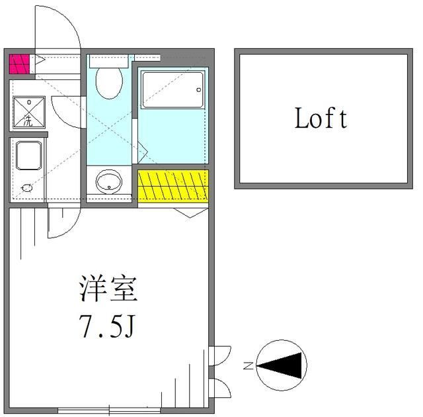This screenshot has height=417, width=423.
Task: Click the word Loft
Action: click(321, 119)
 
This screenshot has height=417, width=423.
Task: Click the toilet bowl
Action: click(108, 83)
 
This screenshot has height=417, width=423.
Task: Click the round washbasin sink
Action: click(108, 181)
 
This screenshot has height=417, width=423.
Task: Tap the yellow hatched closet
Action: click(173, 186)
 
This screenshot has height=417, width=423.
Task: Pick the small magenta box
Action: click(19, 64)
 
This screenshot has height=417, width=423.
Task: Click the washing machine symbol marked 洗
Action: click(28, 113)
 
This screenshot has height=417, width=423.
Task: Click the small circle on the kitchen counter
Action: click(27, 188)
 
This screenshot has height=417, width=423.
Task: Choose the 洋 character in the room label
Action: click(93, 290)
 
